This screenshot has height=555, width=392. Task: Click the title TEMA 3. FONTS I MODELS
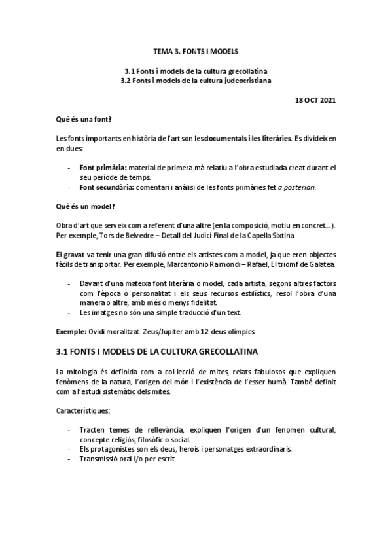(196, 50)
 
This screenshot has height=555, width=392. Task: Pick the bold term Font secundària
(103, 187)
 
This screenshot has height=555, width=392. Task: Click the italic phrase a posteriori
(296, 187)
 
